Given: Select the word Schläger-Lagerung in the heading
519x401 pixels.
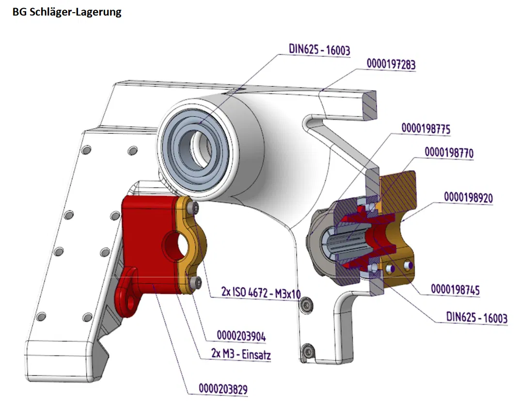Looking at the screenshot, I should [x=75, y=13].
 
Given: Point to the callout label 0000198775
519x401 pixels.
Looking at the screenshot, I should [x=426, y=129].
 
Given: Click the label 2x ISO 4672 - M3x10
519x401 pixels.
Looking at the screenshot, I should [x=261, y=293].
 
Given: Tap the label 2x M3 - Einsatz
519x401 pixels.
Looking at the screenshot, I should [x=241, y=355].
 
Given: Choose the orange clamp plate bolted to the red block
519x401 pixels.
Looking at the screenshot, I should [x=194, y=242].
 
